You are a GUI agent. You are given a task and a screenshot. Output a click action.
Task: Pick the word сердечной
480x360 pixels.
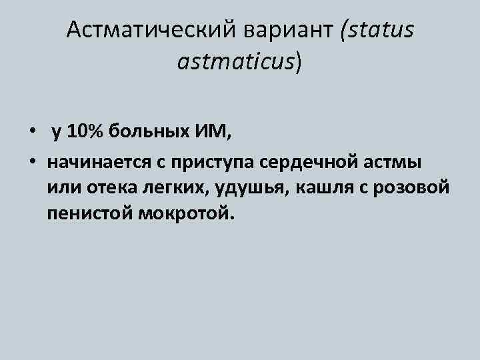point(311,162)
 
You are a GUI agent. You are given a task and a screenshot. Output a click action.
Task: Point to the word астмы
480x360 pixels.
point(396,162)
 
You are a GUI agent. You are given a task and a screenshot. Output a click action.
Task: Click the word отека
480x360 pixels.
point(109,188)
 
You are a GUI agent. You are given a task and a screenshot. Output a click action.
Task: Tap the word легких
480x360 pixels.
point(175,188)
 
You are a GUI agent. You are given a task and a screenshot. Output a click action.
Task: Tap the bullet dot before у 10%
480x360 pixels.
point(33,132)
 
